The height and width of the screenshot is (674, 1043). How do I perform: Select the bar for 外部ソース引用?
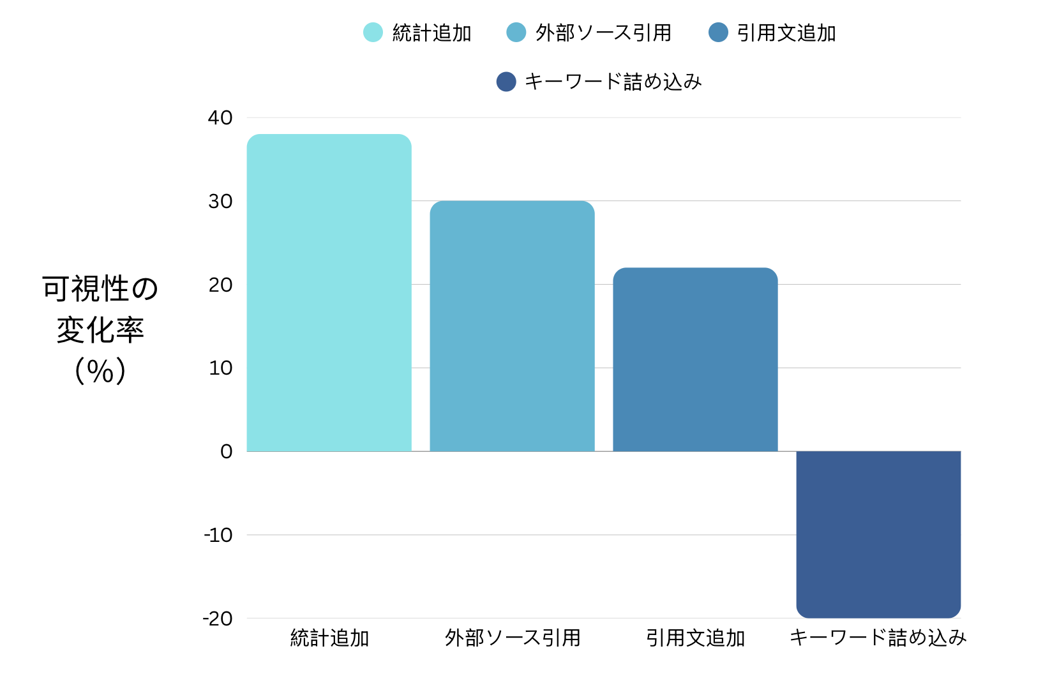pos(512,326)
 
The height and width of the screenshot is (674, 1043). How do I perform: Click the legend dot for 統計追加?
pos(373,33)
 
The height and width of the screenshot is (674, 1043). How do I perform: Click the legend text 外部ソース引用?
pos(603,33)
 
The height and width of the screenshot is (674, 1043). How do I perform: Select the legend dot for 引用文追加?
pos(718,33)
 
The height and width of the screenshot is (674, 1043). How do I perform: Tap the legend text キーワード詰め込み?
pos(613,82)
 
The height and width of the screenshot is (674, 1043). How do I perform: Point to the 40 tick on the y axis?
pos(220,117)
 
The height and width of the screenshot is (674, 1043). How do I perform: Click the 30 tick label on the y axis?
pos(220,201)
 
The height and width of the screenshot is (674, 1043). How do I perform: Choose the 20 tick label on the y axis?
pos(220,285)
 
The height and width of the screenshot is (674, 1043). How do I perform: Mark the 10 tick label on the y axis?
pos(220,368)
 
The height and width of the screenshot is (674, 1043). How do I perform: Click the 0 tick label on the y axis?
pos(226,451)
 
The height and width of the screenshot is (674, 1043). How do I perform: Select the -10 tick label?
pos(218,535)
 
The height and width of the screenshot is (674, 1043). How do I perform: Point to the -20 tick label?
pos(218,618)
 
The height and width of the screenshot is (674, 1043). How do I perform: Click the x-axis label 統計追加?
pos(329,638)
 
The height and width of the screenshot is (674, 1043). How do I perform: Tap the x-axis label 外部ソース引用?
pos(513,638)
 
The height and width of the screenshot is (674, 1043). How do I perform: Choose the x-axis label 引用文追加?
pos(695,638)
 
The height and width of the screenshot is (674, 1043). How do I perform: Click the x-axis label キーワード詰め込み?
pos(878,638)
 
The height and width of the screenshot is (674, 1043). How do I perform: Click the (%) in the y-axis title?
pos(100,371)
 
